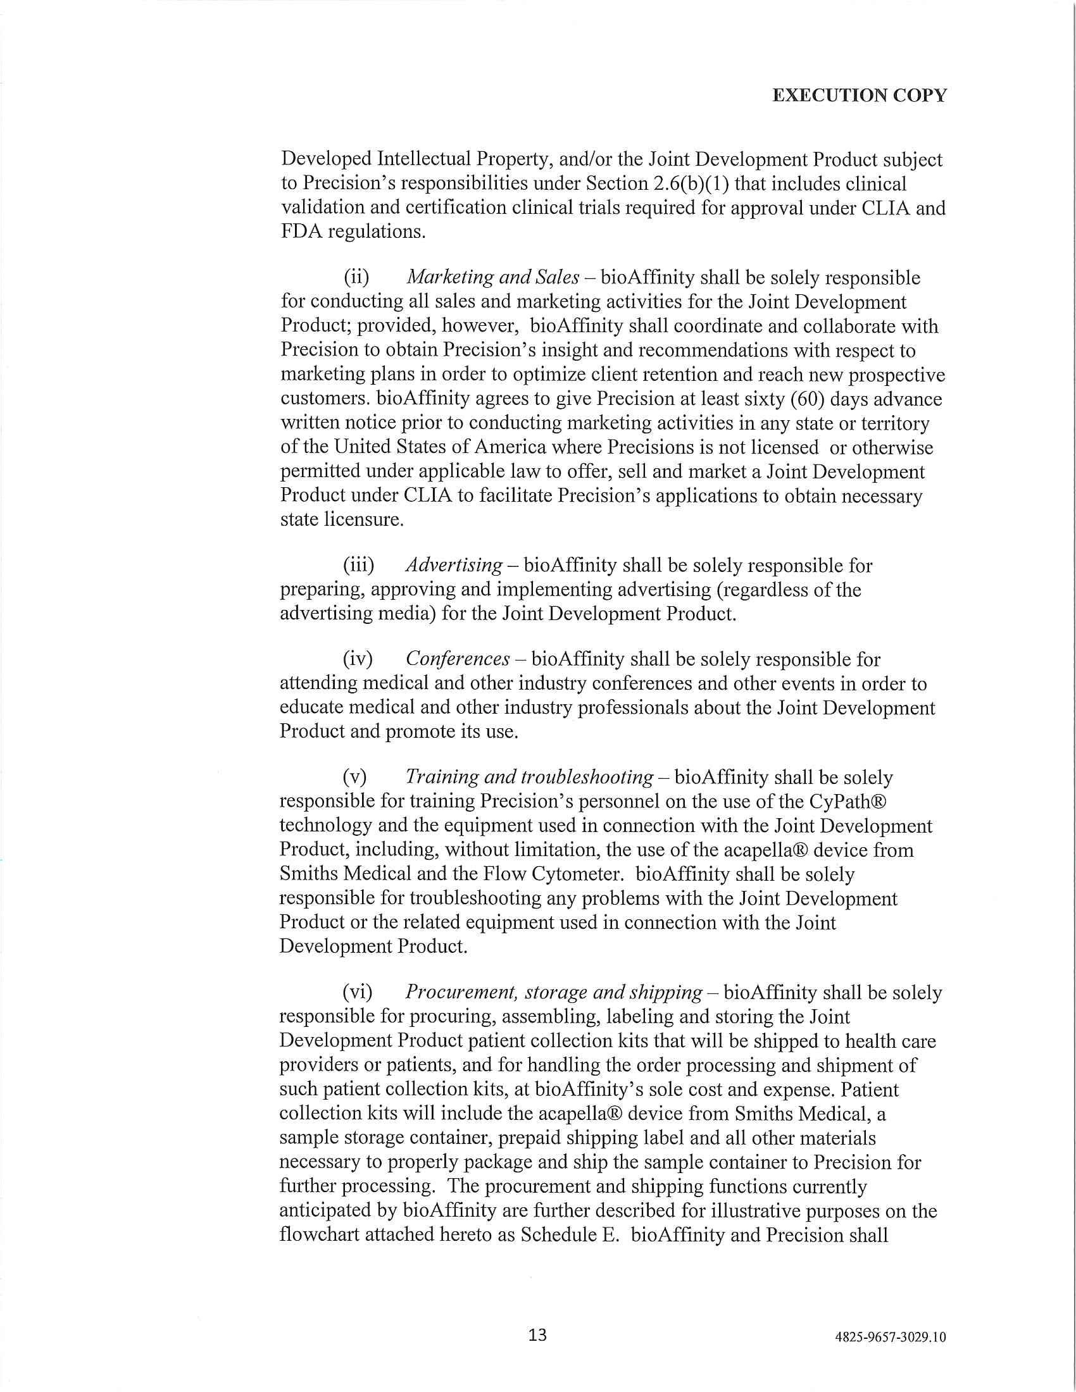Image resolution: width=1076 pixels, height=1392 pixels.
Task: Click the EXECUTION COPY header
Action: (x=860, y=96)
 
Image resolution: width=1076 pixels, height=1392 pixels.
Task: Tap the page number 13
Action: (x=537, y=1334)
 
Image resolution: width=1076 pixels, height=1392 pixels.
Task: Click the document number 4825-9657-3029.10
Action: (x=891, y=1336)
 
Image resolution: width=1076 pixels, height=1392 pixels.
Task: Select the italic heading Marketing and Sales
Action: (x=492, y=277)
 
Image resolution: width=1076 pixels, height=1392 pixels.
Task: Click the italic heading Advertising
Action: (x=454, y=564)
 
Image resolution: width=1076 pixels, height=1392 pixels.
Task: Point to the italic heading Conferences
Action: (x=458, y=659)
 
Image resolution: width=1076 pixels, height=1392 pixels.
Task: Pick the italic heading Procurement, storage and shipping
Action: (x=553, y=991)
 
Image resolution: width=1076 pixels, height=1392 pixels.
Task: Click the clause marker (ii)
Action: (x=356, y=278)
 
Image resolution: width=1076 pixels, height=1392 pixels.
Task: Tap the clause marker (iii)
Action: (x=358, y=565)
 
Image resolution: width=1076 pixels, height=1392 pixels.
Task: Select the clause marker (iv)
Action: (x=358, y=659)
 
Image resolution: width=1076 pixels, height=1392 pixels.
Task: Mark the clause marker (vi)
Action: (x=358, y=992)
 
